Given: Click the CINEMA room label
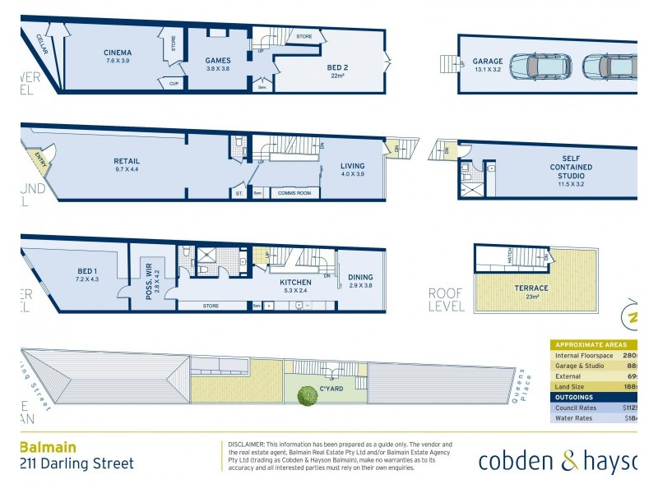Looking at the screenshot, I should tap(118, 53).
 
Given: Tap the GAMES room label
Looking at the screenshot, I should tap(218, 60).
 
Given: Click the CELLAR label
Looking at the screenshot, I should tap(41, 43).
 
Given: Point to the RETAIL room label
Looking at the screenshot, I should tap(127, 161).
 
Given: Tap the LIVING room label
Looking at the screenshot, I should tap(352, 166).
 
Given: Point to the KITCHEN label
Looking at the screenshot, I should tap(294, 281).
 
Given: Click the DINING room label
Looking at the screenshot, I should tap(360, 277).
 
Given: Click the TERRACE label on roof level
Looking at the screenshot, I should tap(533, 288).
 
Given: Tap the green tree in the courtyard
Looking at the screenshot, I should tap(308, 398).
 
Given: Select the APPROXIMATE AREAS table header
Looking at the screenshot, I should tap(591, 345).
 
